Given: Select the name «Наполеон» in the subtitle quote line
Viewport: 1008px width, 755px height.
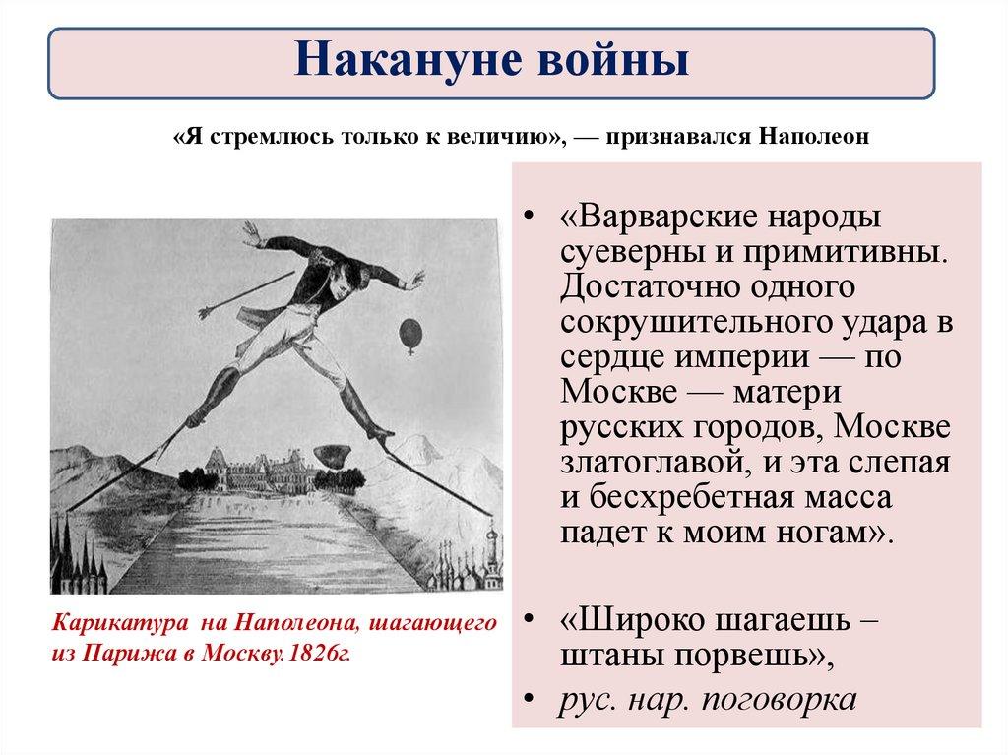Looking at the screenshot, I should [x=813, y=138].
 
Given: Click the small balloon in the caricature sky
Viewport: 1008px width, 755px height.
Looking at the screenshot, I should [x=408, y=333].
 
